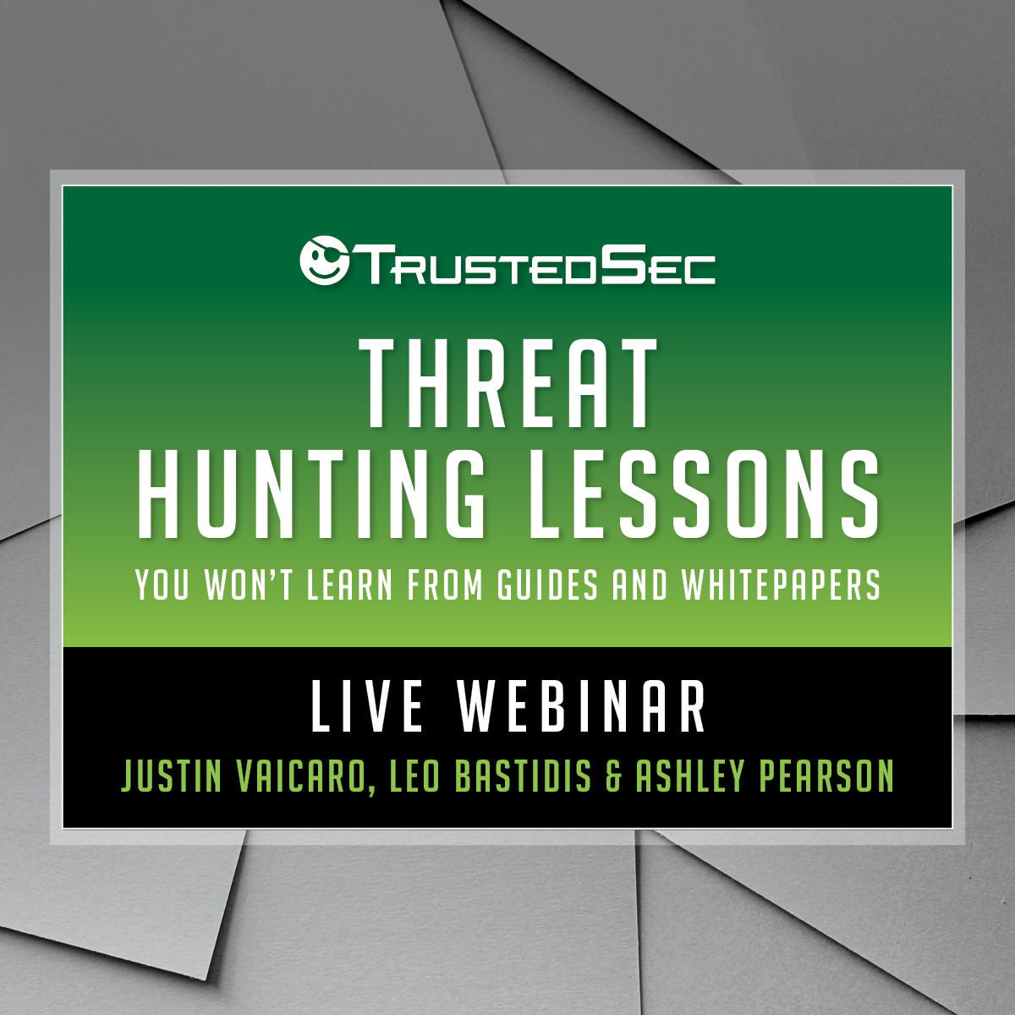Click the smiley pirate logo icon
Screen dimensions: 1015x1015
(325, 261)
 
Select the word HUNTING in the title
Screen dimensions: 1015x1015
(310, 493)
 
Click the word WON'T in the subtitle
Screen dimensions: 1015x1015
(249, 584)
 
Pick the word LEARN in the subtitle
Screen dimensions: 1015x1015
(349, 584)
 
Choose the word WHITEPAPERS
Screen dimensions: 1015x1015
(782, 584)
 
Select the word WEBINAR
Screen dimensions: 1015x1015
(581, 706)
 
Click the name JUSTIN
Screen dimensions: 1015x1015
(171, 776)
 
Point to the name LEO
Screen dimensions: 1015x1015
(414, 776)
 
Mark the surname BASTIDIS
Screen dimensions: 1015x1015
(524, 776)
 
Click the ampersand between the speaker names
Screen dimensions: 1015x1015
(613, 776)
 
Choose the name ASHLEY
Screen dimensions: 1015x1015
(690, 776)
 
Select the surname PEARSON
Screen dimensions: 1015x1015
(826, 776)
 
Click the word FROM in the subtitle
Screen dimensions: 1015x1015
(445, 584)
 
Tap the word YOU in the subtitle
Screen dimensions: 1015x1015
(162, 584)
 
